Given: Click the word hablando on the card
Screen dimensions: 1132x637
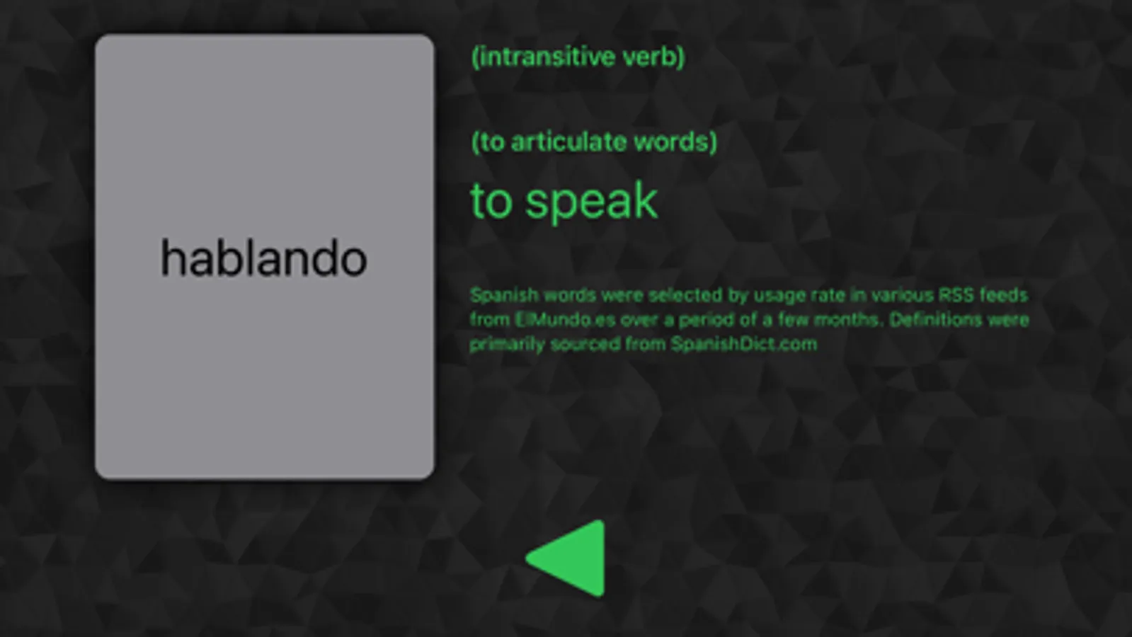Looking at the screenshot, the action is pos(264,258).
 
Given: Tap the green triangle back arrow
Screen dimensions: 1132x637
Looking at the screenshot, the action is pos(566,558).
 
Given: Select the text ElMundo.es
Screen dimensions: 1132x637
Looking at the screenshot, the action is pos(565,320).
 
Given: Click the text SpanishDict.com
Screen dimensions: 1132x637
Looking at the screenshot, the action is pos(744,344).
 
